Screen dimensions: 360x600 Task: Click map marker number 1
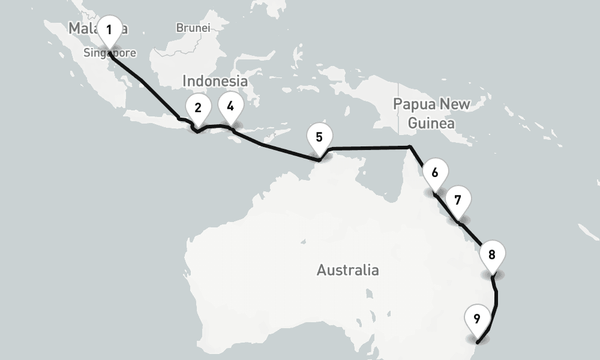pos(109,30)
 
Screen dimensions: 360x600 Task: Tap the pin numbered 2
pos(197,109)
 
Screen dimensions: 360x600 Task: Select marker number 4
pos(230,106)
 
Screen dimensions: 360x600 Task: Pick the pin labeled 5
pos(319,138)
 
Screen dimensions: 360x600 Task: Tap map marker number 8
pos(492,255)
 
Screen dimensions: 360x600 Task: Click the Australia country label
pos(347,270)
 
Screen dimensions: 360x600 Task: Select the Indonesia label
pos(215,81)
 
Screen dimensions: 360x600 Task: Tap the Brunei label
pos(193,28)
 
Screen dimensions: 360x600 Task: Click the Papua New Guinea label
pos(431,113)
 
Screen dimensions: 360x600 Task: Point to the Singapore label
pos(110,53)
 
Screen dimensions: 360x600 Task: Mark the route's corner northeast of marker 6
pos(409,146)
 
